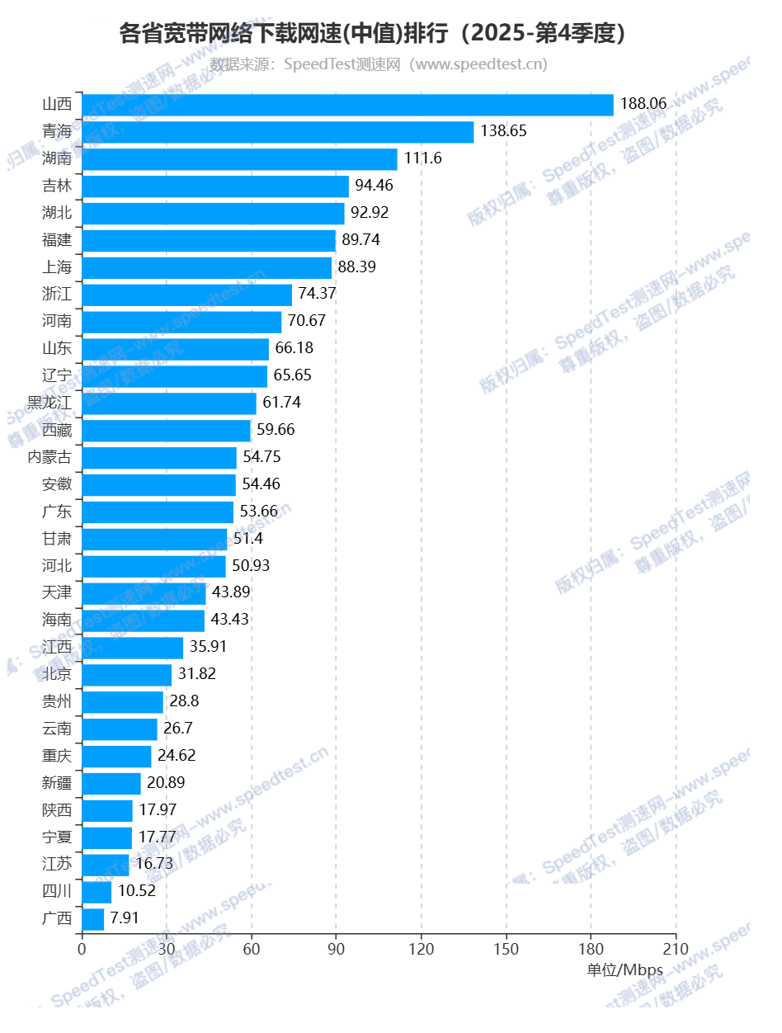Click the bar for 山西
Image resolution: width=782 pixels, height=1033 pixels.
tap(347, 105)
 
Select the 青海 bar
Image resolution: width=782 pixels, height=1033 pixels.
tap(278, 132)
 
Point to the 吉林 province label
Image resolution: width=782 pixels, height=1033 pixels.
tap(57, 186)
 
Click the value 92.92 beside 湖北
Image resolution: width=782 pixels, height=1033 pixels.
tap(370, 213)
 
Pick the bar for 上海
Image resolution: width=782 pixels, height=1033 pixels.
tap(207, 267)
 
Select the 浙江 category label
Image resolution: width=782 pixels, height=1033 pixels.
tap(57, 295)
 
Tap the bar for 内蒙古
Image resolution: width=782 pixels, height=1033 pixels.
tap(159, 457)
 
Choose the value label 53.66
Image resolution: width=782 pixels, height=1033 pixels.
tap(259, 512)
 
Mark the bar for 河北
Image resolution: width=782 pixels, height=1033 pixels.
tap(153, 566)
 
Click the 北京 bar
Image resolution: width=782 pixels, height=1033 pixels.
tap(127, 675)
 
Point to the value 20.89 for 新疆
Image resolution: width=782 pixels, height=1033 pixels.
tap(167, 783)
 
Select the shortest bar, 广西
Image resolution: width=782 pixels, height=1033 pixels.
tap(93, 918)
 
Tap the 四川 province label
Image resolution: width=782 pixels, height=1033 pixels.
tap(57, 891)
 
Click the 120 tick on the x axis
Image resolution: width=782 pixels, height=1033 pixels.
tap(421, 949)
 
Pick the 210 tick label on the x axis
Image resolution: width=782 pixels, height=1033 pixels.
tap(676, 949)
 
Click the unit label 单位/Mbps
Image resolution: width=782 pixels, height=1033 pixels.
tap(625, 970)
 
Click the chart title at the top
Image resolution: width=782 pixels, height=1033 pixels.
tap(376, 33)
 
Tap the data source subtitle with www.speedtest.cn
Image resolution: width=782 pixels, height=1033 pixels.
tap(378, 64)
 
